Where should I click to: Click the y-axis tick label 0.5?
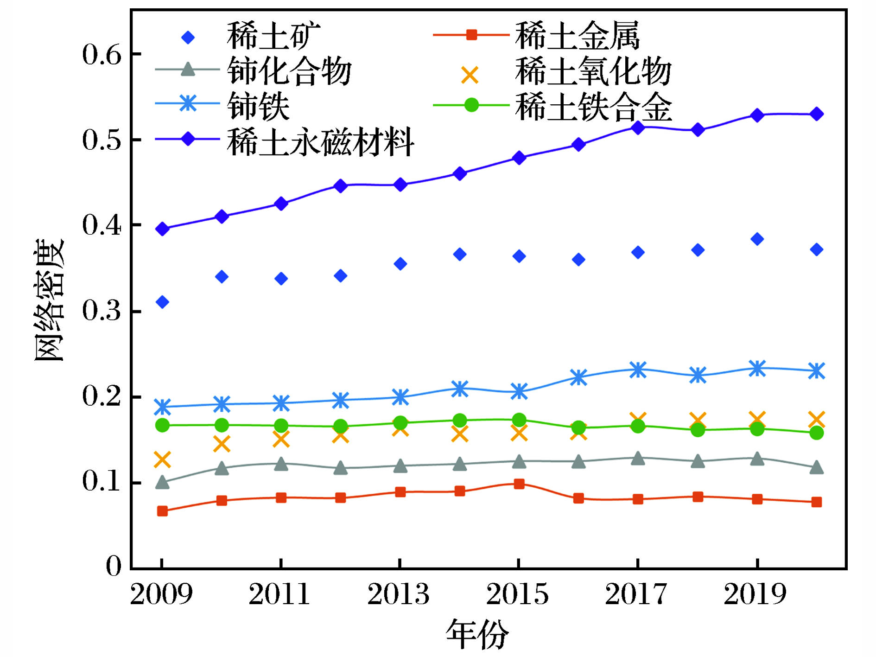tap(102, 140)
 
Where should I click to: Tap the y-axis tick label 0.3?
tap(102, 311)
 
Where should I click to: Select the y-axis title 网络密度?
tap(49, 300)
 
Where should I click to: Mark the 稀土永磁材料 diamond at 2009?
tap(162, 229)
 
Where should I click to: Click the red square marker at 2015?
tap(519, 484)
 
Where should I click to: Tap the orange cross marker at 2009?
tap(162, 459)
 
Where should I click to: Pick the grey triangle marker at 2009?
tap(162, 482)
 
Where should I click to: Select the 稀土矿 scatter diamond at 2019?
tap(757, 239)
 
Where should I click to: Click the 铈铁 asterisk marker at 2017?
tap(638, 370)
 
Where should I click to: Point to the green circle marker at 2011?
tap(281, 426)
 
